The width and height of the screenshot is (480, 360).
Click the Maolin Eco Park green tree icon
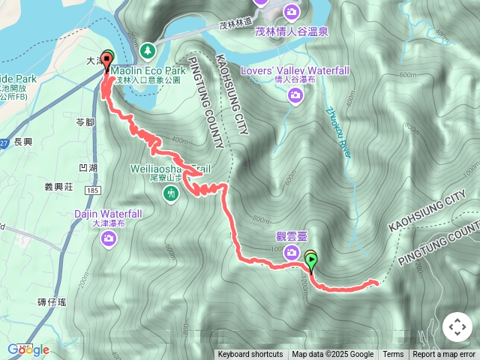tap(148, 49)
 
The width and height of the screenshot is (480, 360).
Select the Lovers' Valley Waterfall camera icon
tap(296, 94)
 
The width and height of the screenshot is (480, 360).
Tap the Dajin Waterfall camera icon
tap(109, 238)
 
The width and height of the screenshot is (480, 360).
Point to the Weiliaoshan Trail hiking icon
tap(172, 193)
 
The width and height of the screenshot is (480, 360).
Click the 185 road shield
tap(92, 191)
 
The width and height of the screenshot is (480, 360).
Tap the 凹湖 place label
tap(89, 167)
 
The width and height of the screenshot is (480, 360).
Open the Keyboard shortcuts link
tap(250, 355)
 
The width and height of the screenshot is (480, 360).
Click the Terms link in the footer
tap(393, 355)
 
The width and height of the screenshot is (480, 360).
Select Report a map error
tap(444, 355)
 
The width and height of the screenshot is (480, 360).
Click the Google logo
tap(28, 349)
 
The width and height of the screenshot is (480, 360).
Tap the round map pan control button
tap(457, 328)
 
